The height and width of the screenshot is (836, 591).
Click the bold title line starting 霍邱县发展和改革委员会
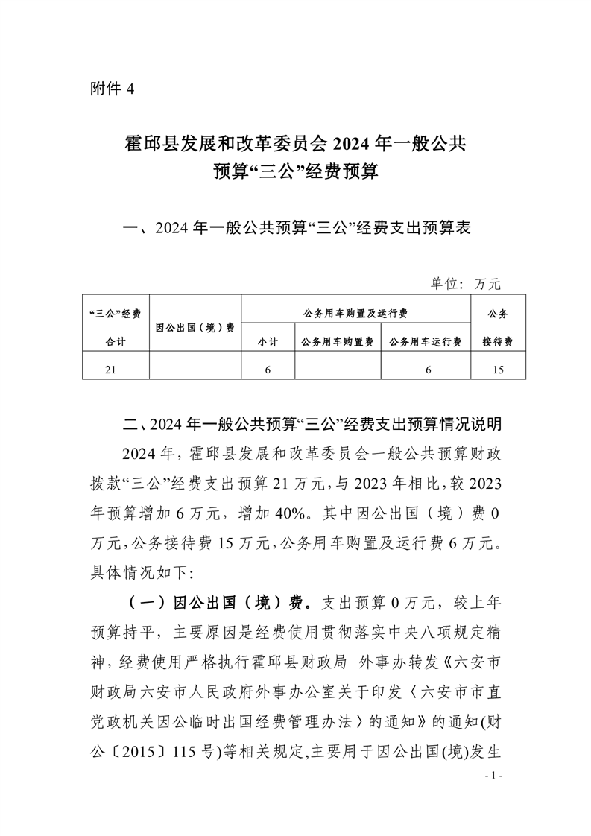point(295,143)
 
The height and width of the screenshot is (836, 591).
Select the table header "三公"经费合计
point(116,326)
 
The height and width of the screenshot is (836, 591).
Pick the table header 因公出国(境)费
point(195,326)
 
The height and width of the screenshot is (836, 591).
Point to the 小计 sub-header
point(268,341)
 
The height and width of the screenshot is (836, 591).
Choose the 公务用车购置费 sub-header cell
point(338,341)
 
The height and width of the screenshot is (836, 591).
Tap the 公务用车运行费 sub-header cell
point(426,341)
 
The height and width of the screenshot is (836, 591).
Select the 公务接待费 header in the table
point(498,326)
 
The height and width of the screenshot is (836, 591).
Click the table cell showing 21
point(116,369)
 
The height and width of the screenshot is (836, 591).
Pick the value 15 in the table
point(498,369)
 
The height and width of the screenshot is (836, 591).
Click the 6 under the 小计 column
point(268,369)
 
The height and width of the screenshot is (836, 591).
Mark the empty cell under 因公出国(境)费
point(195,369)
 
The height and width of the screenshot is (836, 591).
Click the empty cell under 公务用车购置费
point(338,369)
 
